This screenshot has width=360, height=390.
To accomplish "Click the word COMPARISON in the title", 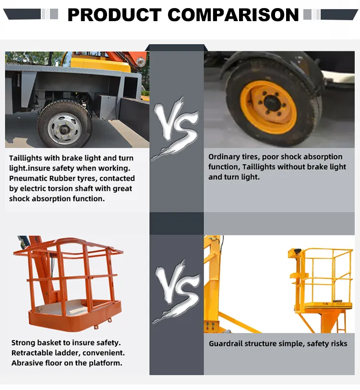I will pos(234,14).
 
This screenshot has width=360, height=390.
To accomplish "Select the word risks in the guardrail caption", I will pos(336,343).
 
